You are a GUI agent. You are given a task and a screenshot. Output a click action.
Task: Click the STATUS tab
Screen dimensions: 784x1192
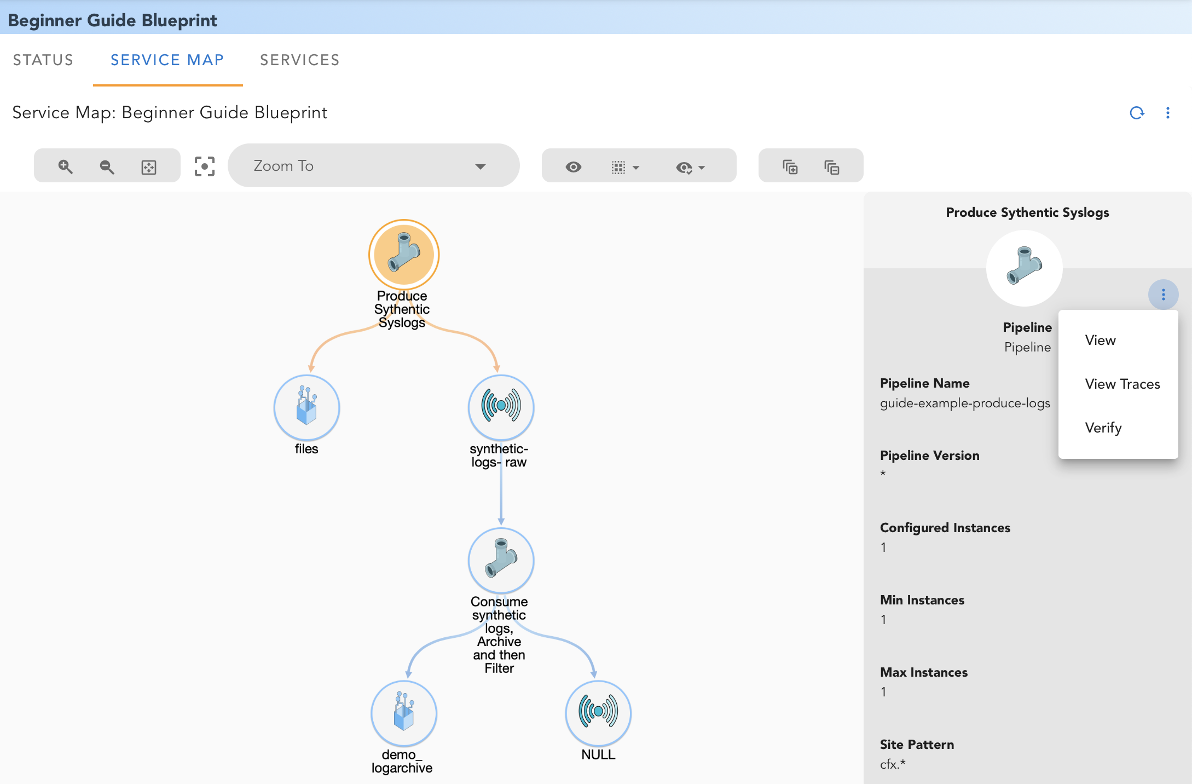(x=43, y=60)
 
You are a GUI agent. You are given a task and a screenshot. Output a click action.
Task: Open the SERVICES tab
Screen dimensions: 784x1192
(x=299, y=60)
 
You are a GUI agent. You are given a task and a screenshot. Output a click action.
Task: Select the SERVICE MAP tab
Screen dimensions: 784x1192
(x=167, y=60)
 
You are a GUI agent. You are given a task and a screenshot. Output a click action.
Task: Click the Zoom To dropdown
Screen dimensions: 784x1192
(x=373, y=166)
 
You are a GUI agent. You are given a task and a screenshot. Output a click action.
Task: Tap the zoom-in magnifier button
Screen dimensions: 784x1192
(x=65, y=166)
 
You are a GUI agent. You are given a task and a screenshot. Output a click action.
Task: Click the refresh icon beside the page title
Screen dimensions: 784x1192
(x=1137, y=113)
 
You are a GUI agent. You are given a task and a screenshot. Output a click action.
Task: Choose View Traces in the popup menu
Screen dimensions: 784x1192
(x=1122, y=384)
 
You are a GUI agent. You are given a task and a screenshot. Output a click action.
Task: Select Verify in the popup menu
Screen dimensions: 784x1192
(x=1103, y=428)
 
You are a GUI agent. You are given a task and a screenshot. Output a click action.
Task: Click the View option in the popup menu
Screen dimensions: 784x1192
(x=1100, y=340)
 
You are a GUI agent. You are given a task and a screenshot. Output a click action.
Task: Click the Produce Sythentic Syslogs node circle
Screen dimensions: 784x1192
(x=404, y=255)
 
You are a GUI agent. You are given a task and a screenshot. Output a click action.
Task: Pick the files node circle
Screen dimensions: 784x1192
(x=306, y=408)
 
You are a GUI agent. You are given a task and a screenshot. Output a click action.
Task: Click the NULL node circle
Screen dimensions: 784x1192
(x=598, y=713)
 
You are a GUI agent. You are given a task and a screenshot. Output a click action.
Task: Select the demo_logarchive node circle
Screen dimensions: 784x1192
(x=404, y=713)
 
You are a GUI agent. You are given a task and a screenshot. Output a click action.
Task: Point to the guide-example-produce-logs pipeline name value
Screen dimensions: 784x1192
(x=964, y=403)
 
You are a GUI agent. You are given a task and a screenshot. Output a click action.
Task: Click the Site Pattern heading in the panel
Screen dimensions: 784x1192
(x=917, y=745)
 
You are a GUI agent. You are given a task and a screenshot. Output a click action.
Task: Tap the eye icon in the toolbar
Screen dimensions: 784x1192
(x=573, y=167)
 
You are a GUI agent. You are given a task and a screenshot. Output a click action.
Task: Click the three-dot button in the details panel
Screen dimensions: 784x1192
(x=1163, y=295)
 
